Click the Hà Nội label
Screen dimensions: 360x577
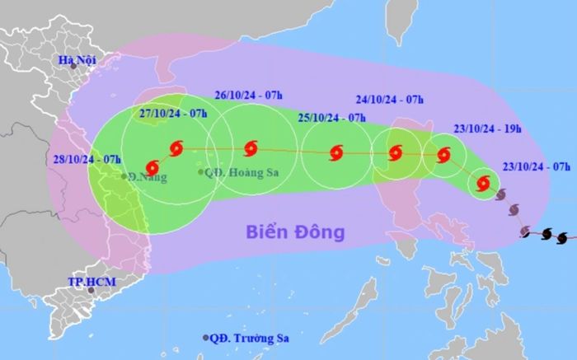pos(78,61)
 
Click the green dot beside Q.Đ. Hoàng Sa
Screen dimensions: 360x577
pos(200,171)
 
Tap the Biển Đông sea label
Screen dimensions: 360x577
pos(294,232)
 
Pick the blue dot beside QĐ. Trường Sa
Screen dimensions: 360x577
pos(206,338)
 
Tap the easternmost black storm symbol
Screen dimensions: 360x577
pos(562,238)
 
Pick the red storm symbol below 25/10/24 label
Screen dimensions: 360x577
pos(335,152)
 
